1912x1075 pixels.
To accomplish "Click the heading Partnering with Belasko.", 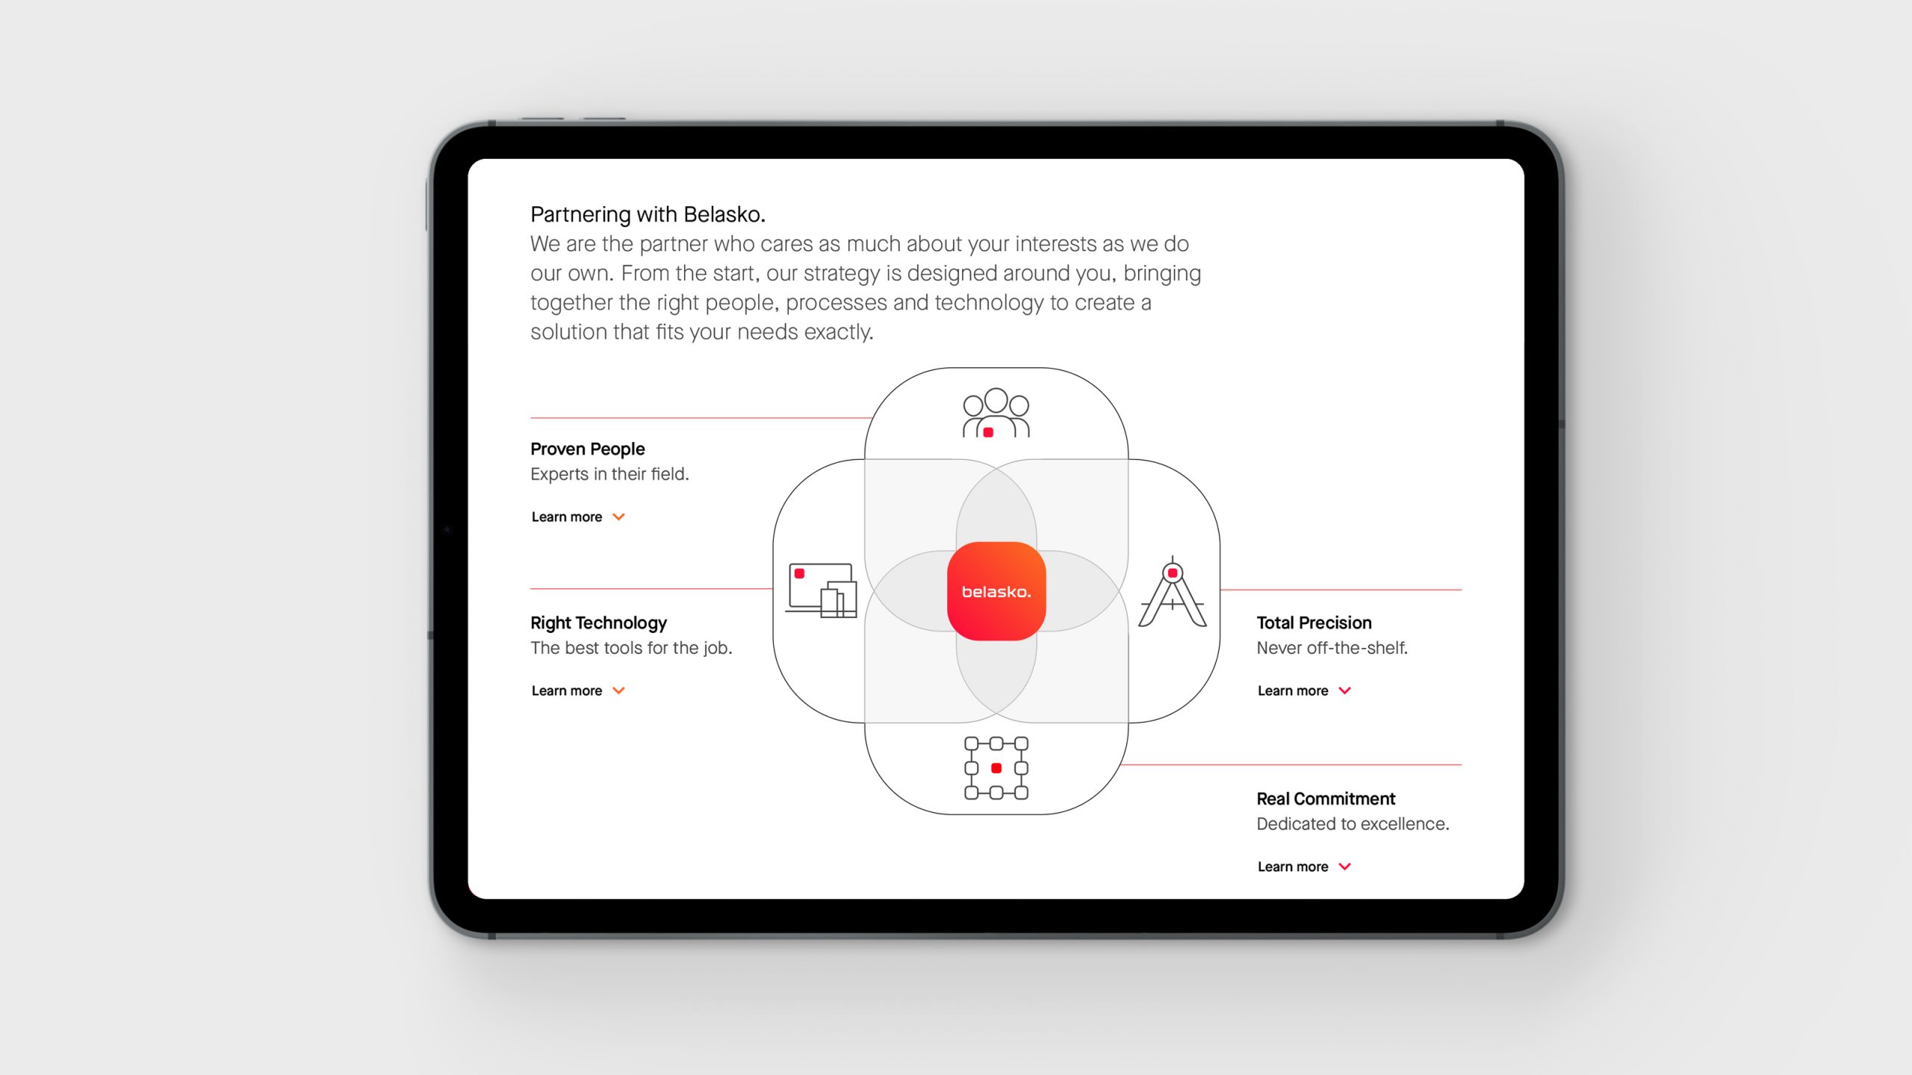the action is [x=648, y=215].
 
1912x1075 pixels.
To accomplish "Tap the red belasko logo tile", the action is [x=996, y=591].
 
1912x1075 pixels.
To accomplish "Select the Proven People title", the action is [x=588, y=449].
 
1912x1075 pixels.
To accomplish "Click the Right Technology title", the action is [x=598, y=623].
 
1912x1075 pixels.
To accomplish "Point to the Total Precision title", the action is [x=1314, y=623].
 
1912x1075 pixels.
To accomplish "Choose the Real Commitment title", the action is [x=1326, y=799].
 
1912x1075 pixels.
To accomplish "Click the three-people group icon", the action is [x=996, y=412].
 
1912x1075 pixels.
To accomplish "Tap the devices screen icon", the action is [x=821, y=590].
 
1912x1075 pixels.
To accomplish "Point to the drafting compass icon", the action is [x=1172, y=591].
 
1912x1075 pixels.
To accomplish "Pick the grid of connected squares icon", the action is [x=996, y=768].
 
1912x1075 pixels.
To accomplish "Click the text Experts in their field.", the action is [x=609, y=474].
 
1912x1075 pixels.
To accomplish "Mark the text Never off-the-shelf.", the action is [x=1332, y=648].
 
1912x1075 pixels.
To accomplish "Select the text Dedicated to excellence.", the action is [x=1353, y=824].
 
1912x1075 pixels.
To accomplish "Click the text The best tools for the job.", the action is [x=631, y=648].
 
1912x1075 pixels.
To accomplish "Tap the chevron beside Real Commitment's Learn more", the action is [x=1345, y=867].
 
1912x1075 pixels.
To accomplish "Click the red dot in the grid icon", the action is [x=996, y=768].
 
